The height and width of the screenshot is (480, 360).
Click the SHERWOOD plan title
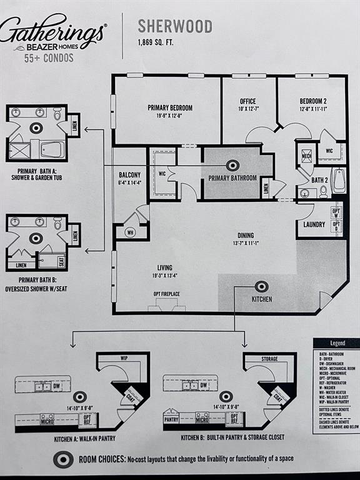click(174, 27)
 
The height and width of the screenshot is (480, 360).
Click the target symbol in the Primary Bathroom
click(232, 166)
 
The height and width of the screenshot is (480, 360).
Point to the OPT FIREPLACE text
click(166, 294)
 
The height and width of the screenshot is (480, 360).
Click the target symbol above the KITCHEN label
click(261, 287)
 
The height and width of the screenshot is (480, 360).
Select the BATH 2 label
click(320, 180)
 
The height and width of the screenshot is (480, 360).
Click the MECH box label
click(307, 156)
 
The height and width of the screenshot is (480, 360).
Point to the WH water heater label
click(129, 232)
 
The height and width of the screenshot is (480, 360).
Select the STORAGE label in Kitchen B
click(270, 358)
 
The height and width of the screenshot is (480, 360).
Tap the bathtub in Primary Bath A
click(52, 149)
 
